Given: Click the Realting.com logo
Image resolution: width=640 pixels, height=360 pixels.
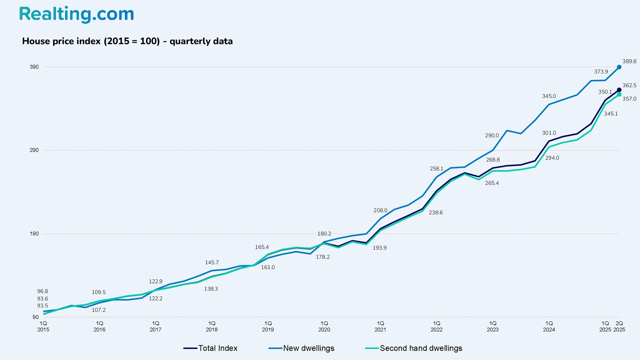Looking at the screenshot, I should [76, 14].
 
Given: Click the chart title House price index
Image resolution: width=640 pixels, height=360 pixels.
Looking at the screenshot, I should [127, 41].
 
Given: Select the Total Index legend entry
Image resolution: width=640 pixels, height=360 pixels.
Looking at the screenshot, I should [211, 348].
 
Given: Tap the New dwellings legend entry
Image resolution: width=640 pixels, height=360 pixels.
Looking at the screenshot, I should [301, 348].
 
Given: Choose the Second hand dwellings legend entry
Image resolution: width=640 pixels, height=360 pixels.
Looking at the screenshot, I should [414, 348].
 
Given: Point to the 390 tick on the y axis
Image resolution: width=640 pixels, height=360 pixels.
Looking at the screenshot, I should [34, 67].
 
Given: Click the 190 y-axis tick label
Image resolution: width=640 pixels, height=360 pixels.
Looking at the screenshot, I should [34, 234].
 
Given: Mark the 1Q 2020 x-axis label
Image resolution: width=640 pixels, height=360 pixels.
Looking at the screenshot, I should [324, 326].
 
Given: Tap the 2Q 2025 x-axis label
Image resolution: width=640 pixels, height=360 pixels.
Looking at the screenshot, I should [619, 326].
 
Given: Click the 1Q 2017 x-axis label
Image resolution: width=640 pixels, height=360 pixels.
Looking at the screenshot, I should [155, 326].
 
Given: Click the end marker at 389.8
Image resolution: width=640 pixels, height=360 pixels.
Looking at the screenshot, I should [619, 67].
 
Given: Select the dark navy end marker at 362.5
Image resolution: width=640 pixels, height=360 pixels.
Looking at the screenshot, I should [619, 90].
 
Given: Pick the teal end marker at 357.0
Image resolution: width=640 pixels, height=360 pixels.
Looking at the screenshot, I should [619, 95].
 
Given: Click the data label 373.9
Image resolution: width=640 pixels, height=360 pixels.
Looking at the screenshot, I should [601, 72].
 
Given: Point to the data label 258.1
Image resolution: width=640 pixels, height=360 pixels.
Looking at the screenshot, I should [436, 169].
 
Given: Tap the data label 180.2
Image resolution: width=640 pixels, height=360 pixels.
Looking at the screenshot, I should [324, 234].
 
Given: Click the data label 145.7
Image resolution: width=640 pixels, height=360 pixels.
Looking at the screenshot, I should [212, 263].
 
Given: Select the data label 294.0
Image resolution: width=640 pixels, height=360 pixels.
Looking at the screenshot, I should [552, 158].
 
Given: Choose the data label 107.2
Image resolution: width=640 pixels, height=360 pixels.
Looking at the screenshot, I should [99, 310].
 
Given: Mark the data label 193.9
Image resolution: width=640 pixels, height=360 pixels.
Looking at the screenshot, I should [379, 248].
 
